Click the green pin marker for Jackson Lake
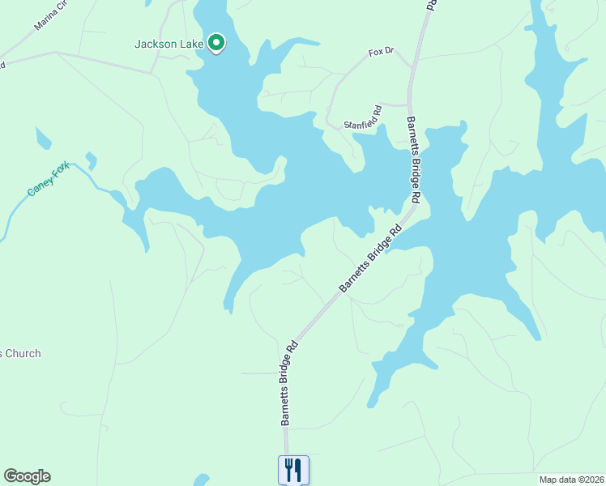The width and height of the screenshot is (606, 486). (x=216, y=42)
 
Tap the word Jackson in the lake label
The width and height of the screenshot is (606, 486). (x=156, y=45)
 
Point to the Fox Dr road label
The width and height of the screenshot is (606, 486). (x=380, y=52)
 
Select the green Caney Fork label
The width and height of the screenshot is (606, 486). (x=50, y=180)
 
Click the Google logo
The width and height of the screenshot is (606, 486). (x=27, y=476)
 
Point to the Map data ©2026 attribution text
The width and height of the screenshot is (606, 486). (x=571, y=480)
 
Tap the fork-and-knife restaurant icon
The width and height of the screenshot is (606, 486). (x=293, y=469)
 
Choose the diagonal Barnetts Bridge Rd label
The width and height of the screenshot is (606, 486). (x=370, y=259)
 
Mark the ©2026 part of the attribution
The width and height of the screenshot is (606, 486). (x=588, y=480)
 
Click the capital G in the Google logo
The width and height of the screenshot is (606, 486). (x=11, y=476)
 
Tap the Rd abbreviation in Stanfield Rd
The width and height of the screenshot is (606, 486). (x=377, y=110)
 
